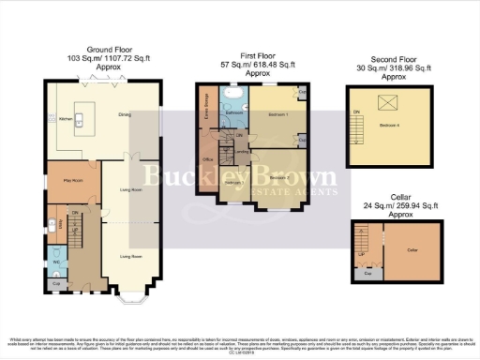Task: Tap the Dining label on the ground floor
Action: [x=124, y=116]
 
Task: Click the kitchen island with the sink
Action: [x=79, y=119]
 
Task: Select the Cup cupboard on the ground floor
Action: [x=55, y=282]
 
